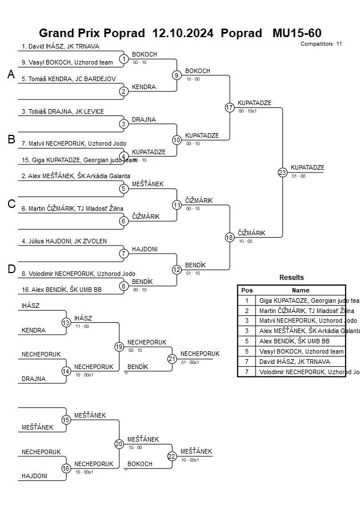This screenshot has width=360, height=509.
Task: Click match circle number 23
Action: point(282,172)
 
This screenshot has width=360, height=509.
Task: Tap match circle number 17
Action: point(230,107)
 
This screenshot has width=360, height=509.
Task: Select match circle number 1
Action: point(124,59)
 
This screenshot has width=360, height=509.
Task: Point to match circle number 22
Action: point(172,456)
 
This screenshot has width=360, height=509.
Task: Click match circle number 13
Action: point(66,323)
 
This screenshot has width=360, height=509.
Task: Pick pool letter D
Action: point(11,269)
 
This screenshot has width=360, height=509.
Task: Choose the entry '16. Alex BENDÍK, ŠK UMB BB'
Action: point(61,290)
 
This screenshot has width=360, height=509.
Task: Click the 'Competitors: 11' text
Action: point(321,44)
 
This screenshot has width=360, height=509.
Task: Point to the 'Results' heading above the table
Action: point(291,278)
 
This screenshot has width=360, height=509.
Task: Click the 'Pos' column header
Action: point(247,290)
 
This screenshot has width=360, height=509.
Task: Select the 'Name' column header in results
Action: point(301,290)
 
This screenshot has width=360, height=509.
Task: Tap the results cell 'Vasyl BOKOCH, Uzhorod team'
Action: point(302,351)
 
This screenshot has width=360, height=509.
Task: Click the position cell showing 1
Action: point(247,300)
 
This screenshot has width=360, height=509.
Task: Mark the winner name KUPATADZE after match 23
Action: point(307,167)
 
